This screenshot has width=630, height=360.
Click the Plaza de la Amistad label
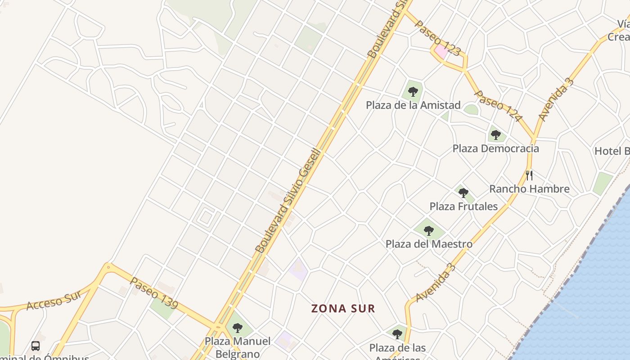tap(413, 105)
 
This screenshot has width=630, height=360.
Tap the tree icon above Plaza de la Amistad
tap(413, 92)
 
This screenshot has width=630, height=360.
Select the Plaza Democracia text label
tap(495, 148)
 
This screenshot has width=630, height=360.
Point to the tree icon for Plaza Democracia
tap(496, 135)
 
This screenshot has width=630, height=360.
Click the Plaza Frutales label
tap(463, 207)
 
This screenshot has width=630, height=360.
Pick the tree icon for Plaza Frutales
tap(463, 193)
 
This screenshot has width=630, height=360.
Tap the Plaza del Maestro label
tap(429, 244)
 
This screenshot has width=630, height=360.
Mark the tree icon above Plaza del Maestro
tap(429, 231)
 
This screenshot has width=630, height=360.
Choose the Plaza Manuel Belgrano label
tap(238, 347)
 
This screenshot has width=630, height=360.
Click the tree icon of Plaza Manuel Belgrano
tap(238, 328)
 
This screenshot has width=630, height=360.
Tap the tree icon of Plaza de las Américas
tap(397, 334)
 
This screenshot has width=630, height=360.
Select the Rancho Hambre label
tap(529, 189)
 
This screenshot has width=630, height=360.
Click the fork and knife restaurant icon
tap(529, 175)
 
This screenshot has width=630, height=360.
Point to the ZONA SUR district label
tap(343, 309)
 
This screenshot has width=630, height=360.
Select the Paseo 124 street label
tap(499, 106)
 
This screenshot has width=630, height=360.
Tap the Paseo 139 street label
tap(154, 293)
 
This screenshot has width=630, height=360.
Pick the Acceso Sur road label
tap(54, 300)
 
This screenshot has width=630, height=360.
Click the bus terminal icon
tap(36, 346)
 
